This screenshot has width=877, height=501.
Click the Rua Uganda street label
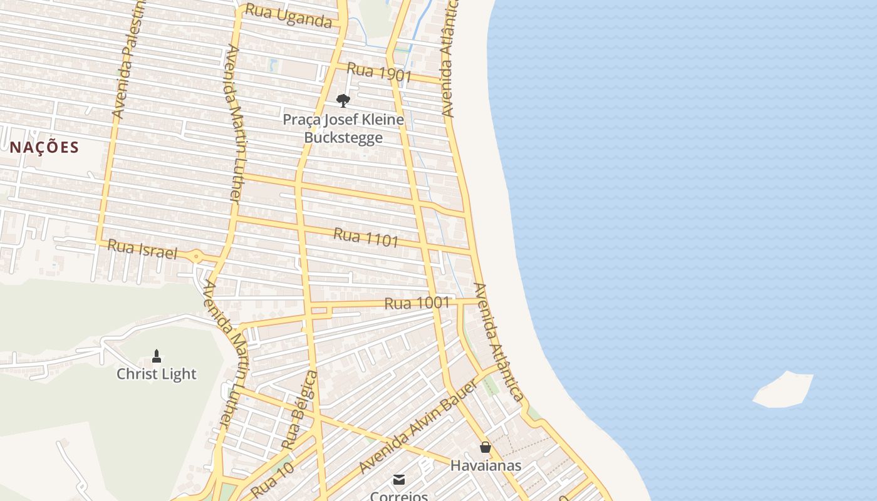(x=288, y=16)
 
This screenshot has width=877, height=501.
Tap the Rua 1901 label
(x=379, y=73)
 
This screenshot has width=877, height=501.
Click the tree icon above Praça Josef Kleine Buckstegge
(x=343, y=100)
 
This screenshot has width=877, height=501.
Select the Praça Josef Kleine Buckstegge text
(x=343, y=128)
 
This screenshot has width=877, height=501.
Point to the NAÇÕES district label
(x=44, y=147)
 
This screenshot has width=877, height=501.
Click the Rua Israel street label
(x=142, y=249)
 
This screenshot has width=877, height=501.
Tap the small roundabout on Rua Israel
(x=196, y=256)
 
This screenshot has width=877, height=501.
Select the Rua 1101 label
(x=366, y=237)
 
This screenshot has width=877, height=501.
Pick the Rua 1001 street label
(x=417, y=303)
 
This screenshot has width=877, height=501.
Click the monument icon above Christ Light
(x=157, y=356)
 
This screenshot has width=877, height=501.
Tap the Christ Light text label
(x=157, y=374)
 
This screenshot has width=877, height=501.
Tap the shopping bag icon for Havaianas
(x=485, y=447)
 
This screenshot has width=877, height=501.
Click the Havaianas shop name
(x=485, y=465)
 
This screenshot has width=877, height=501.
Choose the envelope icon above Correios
(x=399, y=480)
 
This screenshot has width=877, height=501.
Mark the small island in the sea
(x=783, y=390)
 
